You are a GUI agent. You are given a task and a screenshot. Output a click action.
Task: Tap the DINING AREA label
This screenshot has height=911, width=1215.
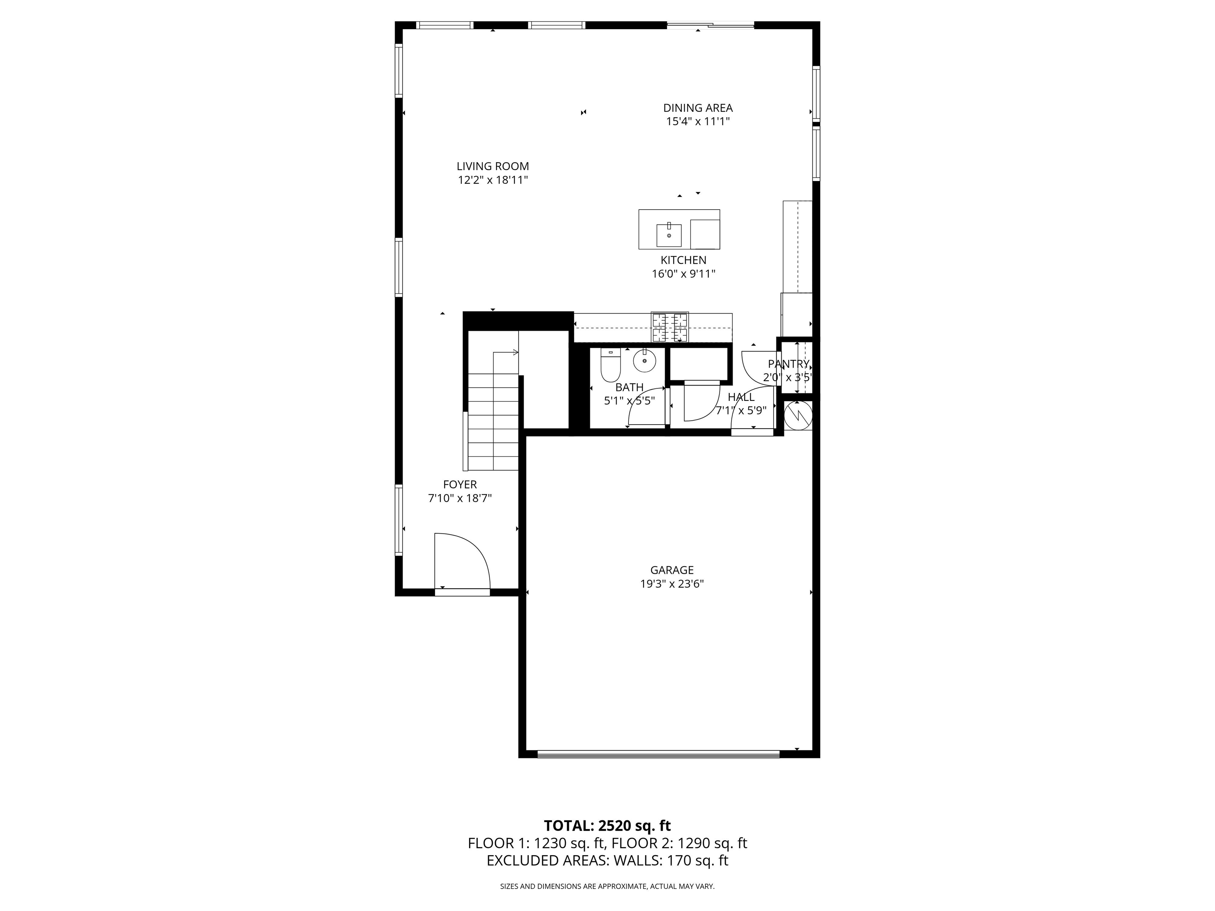pos(698,108)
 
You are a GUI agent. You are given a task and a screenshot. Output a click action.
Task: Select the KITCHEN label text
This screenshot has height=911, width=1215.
pos(683,260)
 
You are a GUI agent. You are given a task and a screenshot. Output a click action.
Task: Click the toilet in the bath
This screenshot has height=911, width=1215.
pos(610,365)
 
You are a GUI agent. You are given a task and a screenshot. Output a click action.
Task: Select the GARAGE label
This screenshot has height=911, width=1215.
pos(672,570)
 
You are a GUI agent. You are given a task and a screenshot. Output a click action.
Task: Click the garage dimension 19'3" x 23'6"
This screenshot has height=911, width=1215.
pos(672,584)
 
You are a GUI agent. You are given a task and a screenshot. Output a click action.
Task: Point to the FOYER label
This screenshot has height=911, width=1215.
pos(460,484)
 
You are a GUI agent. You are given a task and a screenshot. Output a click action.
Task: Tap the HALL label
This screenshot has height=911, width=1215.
pos(741,397)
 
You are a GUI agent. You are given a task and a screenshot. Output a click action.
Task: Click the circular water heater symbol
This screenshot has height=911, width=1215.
pos(798,416)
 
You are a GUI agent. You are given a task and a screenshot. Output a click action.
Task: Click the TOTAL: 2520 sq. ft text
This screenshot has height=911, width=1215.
pos(607,841)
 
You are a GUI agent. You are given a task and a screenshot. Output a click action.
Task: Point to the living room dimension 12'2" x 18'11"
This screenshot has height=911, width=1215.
pos(493,180)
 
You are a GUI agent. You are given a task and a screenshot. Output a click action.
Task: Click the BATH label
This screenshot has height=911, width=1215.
pos(630,387)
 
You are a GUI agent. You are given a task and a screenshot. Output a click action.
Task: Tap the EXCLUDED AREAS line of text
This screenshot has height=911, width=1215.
pos(607,876)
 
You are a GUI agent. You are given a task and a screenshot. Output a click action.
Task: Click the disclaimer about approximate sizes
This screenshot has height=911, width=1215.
pos(607,902)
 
